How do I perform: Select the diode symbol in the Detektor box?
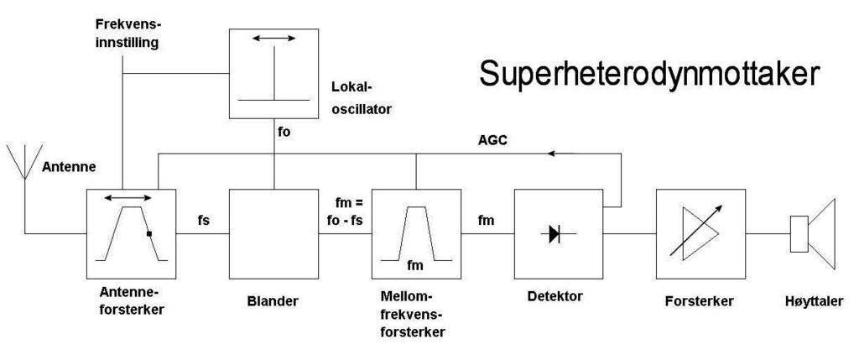(554, 234)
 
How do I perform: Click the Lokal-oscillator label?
(362, 97)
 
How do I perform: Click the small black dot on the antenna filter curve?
(148, 234)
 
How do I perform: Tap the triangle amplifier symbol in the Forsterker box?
(694, 234)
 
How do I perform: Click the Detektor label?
(554, 296)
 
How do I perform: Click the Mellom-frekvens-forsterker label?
(413, 315)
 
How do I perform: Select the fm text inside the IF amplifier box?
(414, 265)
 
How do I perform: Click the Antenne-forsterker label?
(130, 300)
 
